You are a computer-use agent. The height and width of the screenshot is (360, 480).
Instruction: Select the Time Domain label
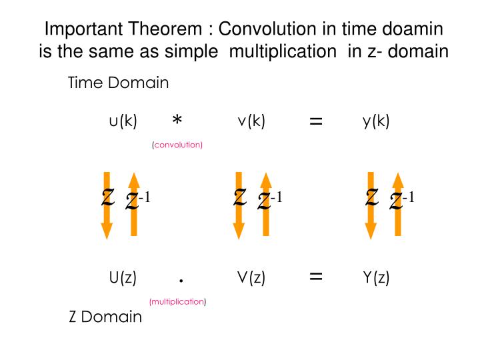click(119, 83)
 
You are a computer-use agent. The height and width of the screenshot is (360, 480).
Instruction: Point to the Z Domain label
click(106, 317)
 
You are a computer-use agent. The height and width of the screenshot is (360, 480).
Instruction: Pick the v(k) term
click(251, 121)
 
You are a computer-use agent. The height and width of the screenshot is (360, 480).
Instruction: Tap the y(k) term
click(376, 121)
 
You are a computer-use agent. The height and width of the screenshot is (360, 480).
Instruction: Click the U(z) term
click(123, 278)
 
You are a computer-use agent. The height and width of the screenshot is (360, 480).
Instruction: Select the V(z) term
click(251, 278)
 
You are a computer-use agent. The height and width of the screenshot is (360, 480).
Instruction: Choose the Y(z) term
click(376, 278)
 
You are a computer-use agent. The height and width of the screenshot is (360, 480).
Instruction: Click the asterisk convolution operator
click(177, 121)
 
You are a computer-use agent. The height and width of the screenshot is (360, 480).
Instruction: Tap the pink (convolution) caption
click(177, 145)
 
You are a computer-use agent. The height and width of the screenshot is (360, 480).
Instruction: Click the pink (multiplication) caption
click(178, 301)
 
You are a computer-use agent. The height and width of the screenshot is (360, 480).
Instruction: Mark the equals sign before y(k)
click(316, 121)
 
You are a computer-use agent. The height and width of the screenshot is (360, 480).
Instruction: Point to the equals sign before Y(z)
click(316, 277)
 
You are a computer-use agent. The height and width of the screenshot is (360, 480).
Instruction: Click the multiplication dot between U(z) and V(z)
click(181, 281)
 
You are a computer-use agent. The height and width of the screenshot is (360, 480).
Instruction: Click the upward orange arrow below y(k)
click(398, 203)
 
